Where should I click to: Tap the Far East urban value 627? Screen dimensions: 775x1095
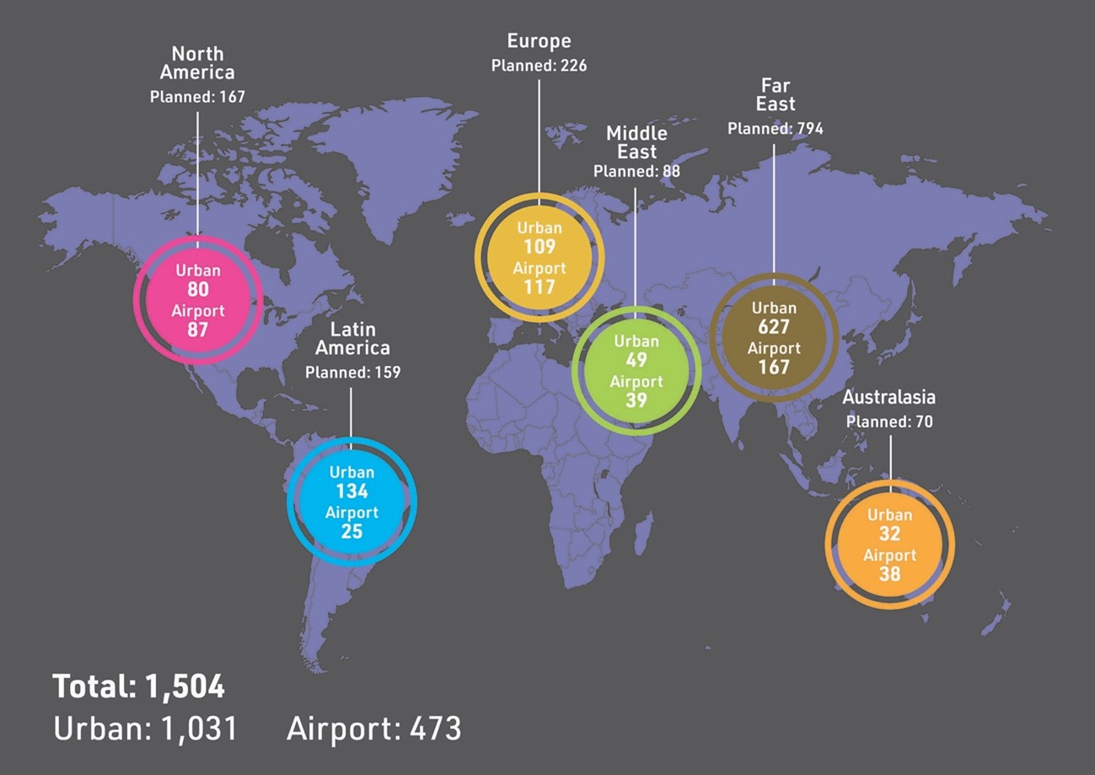[773, 328]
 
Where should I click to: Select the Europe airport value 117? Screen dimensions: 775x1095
[539, 287]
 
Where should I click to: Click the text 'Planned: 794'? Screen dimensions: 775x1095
[775, 129]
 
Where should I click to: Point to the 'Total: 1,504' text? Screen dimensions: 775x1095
[139, 687]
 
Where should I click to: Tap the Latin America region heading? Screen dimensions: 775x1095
[352, 339]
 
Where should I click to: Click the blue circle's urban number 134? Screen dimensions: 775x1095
[352, 491]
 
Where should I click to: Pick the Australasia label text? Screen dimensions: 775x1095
[888, 397]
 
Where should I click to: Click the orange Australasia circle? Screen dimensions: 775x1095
[889, 544]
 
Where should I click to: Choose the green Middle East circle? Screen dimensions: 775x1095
[636, 371]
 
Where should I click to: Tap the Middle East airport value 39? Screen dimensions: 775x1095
[636, 400]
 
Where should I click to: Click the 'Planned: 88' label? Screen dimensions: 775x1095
[636, 171]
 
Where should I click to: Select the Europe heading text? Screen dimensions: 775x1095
[539, 40]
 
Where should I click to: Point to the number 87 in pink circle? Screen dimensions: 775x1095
[198, 330]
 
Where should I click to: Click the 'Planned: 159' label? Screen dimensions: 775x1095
[352, 371]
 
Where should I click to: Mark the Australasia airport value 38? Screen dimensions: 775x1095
[889, 574]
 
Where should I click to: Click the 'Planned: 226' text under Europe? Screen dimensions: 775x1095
[539, 65]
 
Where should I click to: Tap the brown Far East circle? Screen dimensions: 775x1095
[774, 337]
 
